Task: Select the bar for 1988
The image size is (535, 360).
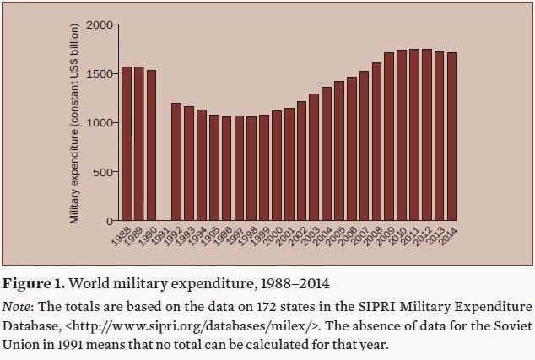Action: click(127, 143)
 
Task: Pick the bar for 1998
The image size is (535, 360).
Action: click(251, 169)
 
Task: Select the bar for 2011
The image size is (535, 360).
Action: click(413, 135)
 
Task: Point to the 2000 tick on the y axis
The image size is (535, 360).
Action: click(99, 24)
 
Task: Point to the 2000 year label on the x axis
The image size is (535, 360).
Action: click(273, 238)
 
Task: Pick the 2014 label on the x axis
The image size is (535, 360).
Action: click(447, 238)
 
